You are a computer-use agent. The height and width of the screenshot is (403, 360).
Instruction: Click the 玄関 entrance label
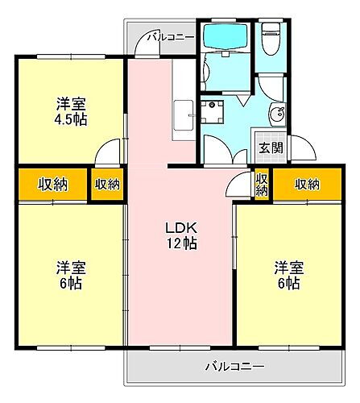click(270, 147)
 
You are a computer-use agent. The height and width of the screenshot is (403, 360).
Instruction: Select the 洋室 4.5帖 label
click(71, 111)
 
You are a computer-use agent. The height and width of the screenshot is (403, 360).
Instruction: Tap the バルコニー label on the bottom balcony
click(234, 366)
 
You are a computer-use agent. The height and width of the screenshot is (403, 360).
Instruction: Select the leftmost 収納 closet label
click(53, 185)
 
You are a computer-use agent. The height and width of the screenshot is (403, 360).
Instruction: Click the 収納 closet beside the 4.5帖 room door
click(107, 185)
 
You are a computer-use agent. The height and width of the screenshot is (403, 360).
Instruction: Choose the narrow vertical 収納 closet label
click(262, 185)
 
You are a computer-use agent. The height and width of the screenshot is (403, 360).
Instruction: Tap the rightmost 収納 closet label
click(307, 185)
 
